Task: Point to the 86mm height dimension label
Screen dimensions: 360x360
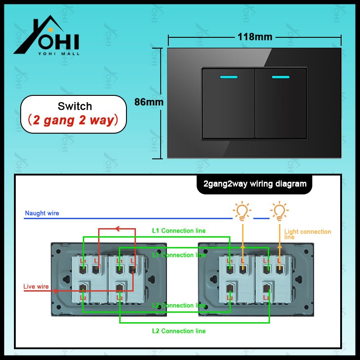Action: coord(149,102)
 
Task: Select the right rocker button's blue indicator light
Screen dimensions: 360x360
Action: coord(280,77)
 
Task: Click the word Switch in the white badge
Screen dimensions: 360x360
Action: coord(75,107)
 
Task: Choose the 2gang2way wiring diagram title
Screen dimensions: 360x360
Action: coord(254,184)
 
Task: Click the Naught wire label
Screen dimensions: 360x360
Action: coord(42,213)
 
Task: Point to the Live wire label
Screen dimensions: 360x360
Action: coord(36,287)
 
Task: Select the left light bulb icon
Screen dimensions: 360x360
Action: coord(242,211)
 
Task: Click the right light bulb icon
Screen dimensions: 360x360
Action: coord(279,211)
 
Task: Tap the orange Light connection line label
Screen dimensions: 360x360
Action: coord(307,234)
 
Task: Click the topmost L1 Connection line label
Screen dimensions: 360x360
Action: coord(179,231)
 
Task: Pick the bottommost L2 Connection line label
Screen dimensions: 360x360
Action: coord(179,331)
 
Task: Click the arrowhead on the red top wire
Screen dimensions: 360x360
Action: coord(118,229)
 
